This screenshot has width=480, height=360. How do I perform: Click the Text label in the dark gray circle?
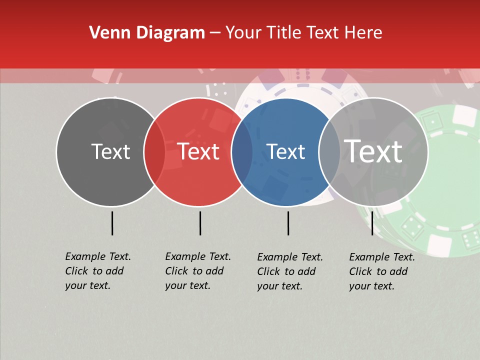pyautogui.click(x=110, y=151)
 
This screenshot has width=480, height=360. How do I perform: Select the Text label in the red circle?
pyautogui.click(x=198, y=151)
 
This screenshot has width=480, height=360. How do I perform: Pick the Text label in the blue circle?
pyautogui.click(x=286, y=151)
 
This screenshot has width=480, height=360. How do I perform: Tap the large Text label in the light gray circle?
pyautogui.click(x=373, y=151)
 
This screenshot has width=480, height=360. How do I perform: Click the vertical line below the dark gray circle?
pyautogui.click(x=112, y=223)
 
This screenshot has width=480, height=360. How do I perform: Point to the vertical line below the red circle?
pyautogui.click(x=200, y=223)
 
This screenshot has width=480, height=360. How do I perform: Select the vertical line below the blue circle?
pyautogui.click(x=288, y=223)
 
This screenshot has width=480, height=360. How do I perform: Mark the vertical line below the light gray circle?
pyautogui.click(x=372, y=223)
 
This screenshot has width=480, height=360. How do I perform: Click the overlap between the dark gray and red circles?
pyautogui.click(x=154, y=151)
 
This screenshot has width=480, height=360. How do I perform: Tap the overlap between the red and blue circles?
pyautogui.click(x=242, y=151)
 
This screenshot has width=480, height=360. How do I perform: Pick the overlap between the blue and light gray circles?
pyautogui.click(x=329, y=151)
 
